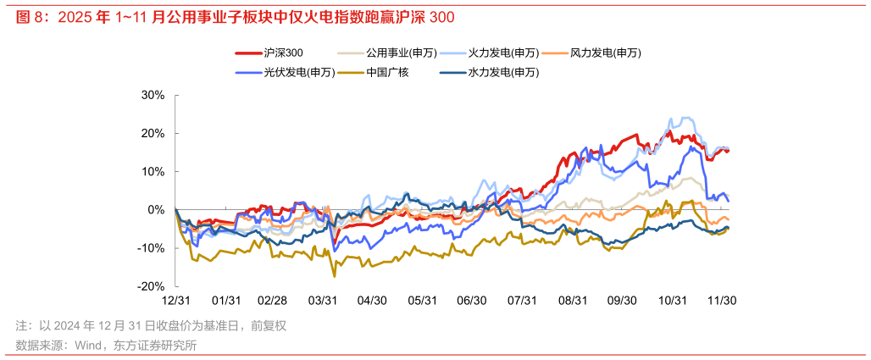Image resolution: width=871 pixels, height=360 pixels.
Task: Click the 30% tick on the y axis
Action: coord(153,95)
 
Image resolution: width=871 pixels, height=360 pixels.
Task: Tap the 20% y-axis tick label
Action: coord(153,133)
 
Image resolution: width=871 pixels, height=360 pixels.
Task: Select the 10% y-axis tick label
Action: coord(153,171)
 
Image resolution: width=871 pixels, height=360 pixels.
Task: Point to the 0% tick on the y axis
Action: coord(156,209)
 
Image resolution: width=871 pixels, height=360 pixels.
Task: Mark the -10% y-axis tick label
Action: coord(151,248)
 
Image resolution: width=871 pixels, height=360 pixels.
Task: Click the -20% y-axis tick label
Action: coord(151,286)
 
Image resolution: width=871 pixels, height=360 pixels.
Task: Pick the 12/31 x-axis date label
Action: coord(175,301)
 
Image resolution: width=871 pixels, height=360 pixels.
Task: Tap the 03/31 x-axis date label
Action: coord(323,301)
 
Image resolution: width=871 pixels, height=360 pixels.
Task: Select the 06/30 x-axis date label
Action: coord(472,301)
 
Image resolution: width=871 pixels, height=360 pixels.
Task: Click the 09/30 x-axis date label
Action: coord(623,301)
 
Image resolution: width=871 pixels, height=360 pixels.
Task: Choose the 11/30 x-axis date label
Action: coord(722,301)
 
